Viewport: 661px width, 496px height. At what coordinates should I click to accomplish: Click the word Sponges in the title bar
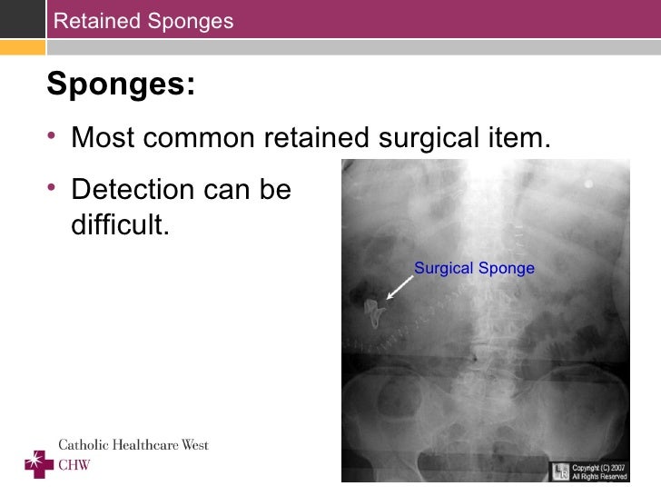point(192,20)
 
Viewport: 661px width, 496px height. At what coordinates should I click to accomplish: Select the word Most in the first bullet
point(103,138)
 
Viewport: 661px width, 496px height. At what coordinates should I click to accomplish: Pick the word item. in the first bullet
point(521,138)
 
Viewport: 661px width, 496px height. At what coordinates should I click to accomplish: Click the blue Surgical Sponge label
point(474,268)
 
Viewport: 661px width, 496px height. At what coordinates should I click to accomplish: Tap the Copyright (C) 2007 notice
point(598,471)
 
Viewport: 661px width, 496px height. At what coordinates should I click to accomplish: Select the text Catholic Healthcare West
point(133,445)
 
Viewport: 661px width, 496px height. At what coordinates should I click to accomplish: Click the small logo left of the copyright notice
point(560,471)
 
